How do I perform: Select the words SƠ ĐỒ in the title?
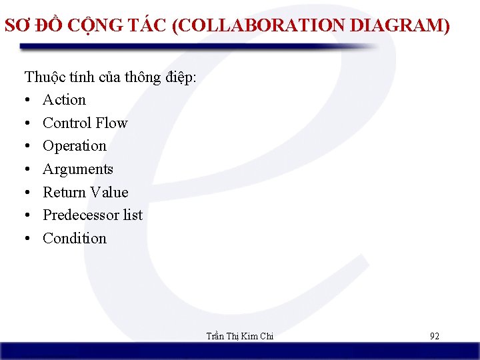(30, 26)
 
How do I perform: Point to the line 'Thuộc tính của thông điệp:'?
(111, 77)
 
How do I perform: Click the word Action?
(64, 100)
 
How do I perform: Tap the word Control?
(67, 123)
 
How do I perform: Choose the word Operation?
(75, 146)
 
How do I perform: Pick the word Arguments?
(78, 169)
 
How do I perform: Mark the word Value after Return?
(109, 192)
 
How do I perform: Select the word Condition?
(75, 238)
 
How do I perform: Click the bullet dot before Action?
(28, 101)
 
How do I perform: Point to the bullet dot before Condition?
(28, 239)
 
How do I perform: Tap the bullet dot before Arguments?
(28, 170)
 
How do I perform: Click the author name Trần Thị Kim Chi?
(241, 336)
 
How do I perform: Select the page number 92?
(434, 336)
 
